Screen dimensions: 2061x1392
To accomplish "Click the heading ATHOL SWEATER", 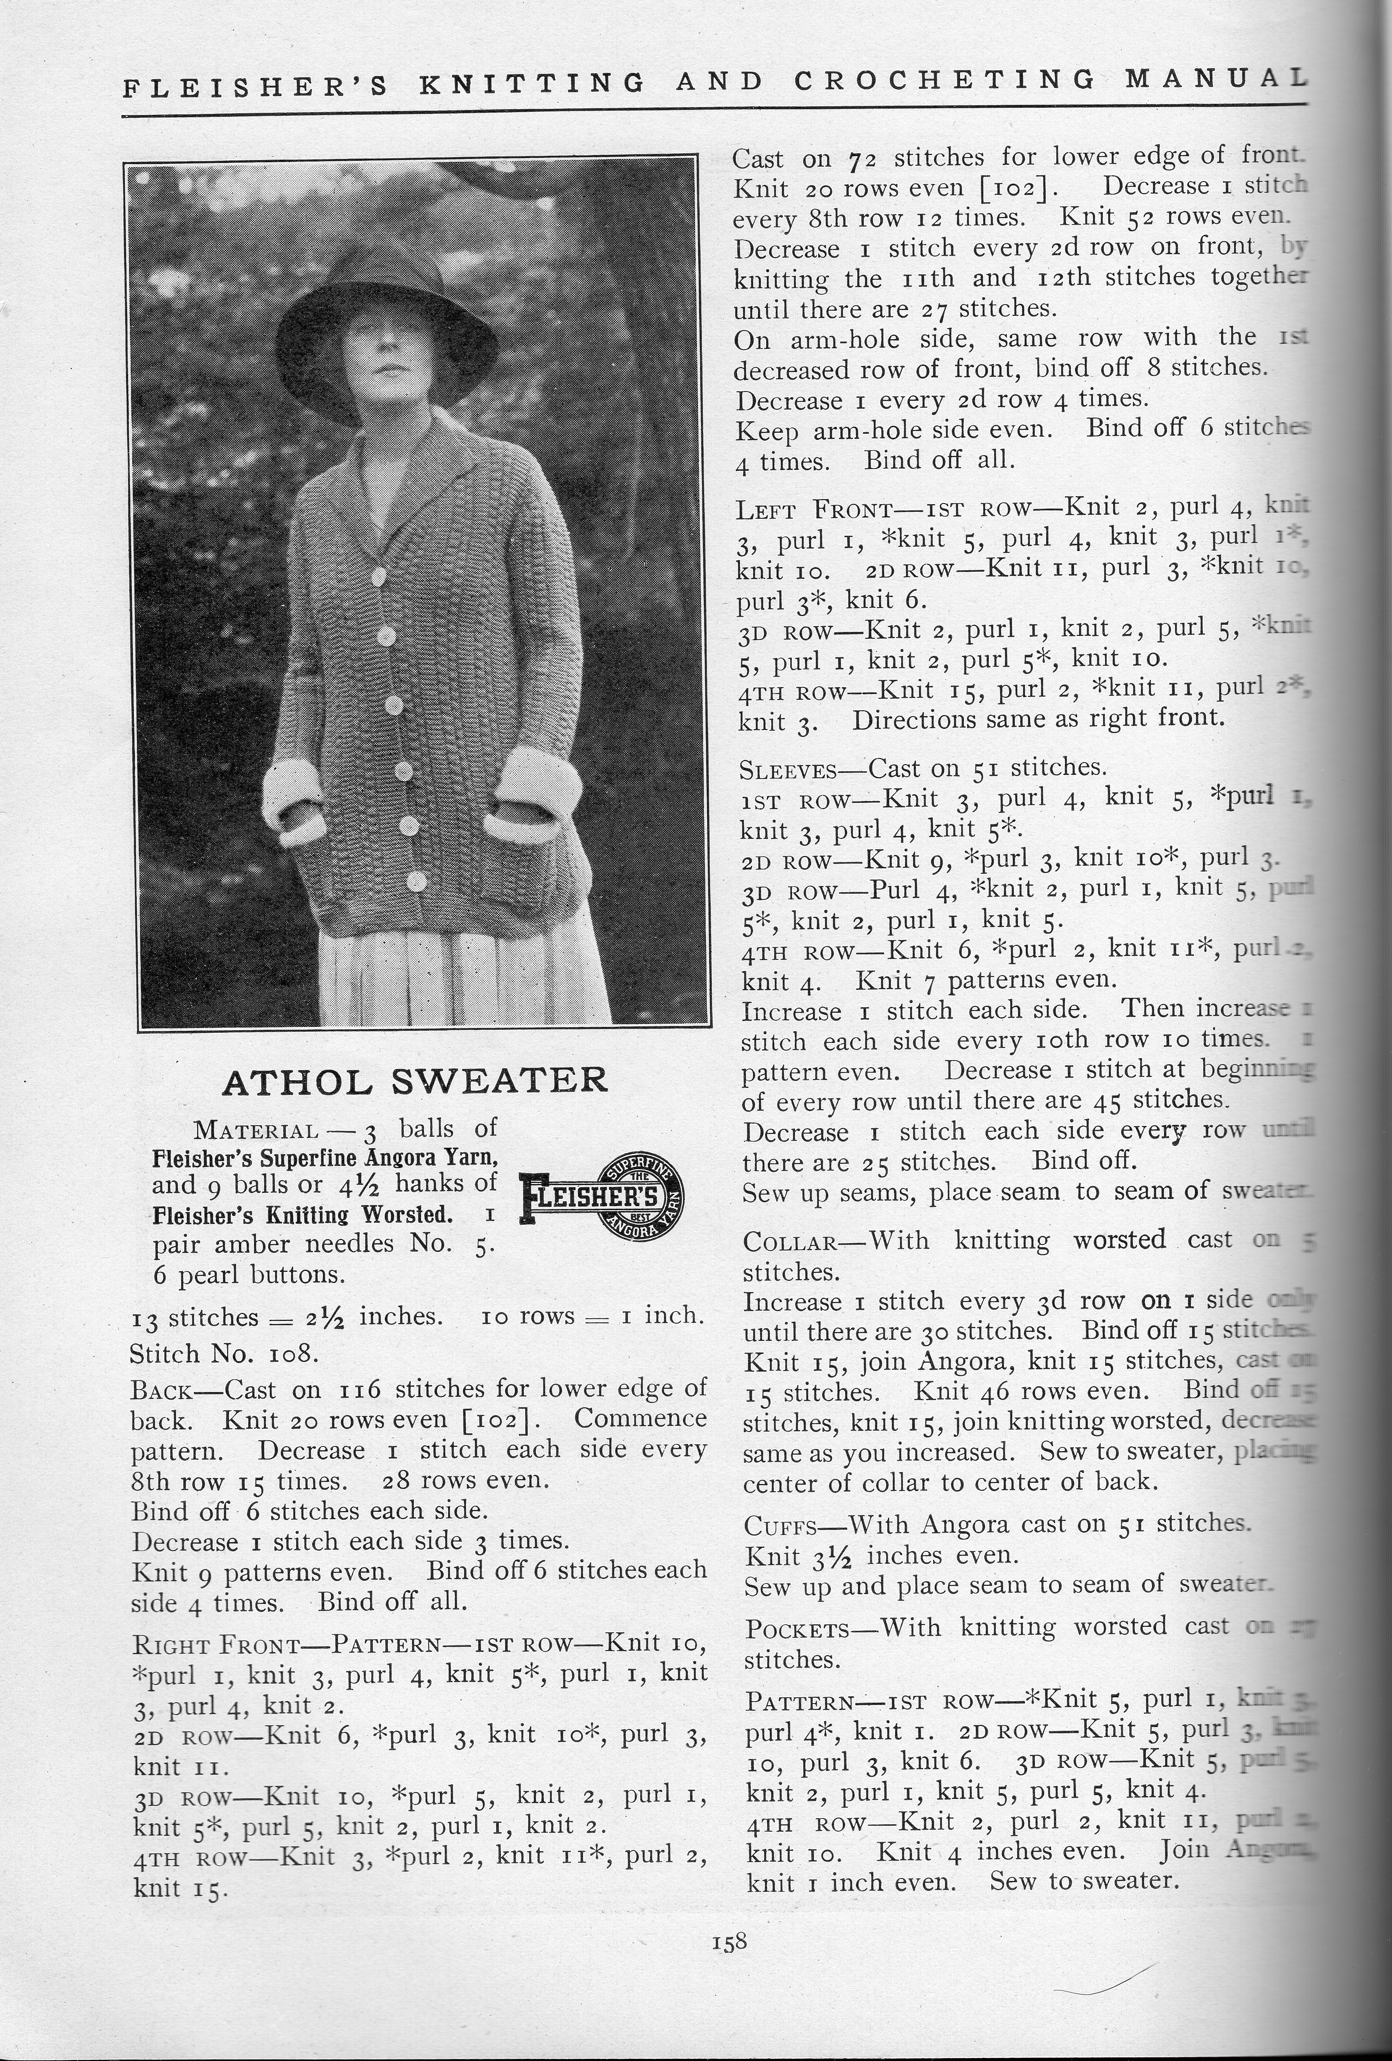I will pos(415,1081).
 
